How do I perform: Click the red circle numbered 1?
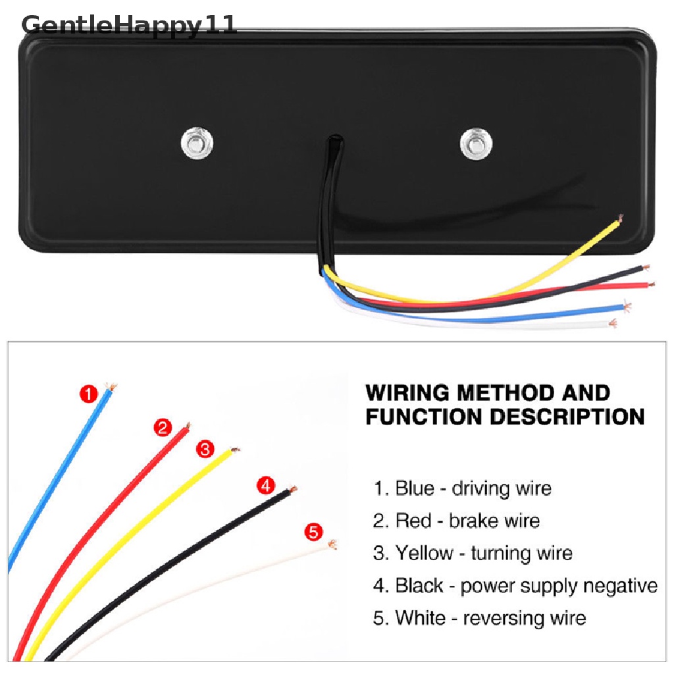pos(88,395)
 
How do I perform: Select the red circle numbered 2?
pos(163,428)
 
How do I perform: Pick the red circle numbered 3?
pos(205,450)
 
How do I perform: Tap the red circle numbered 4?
pos(265,486)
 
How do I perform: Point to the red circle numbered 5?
pos(314,531)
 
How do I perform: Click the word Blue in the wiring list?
pos(415,488)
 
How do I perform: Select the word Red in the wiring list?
pos(413,521)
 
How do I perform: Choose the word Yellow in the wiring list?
pos(425,553)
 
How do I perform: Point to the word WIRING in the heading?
pos(408,393)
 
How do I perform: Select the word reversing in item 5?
pos(502,618)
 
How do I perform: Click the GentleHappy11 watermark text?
pos(129,25)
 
